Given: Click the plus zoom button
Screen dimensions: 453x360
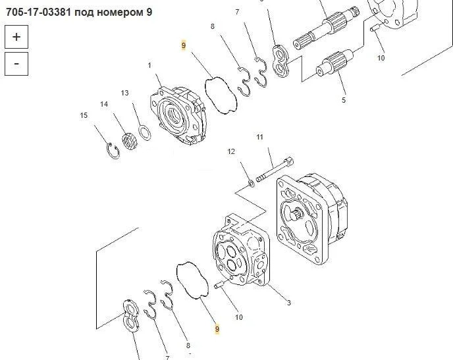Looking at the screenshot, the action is [16, 37].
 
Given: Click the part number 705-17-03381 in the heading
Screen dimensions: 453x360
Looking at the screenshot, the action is [38, 13].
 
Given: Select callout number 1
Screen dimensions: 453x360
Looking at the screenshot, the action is [149, 66].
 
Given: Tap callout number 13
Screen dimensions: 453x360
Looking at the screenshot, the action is [124, 93].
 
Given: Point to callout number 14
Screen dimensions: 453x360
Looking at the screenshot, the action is [104, 104].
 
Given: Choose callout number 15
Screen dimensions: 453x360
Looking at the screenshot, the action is [84, 115].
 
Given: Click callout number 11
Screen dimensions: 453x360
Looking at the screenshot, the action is [259, 137].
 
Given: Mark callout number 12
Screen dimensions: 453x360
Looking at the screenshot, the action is [231, 151].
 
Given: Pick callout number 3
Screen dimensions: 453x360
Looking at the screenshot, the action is [288, 303].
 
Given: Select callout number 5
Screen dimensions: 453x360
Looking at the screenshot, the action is [344, 100].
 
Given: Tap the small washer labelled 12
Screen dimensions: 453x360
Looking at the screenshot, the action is [252, 183].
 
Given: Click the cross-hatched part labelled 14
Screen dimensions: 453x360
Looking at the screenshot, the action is [130, 141].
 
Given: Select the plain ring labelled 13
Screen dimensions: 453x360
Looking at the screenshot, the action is [144, 132].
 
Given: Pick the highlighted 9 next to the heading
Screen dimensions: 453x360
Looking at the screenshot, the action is [184, 45].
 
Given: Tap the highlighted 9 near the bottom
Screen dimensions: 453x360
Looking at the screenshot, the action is [217, 328].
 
